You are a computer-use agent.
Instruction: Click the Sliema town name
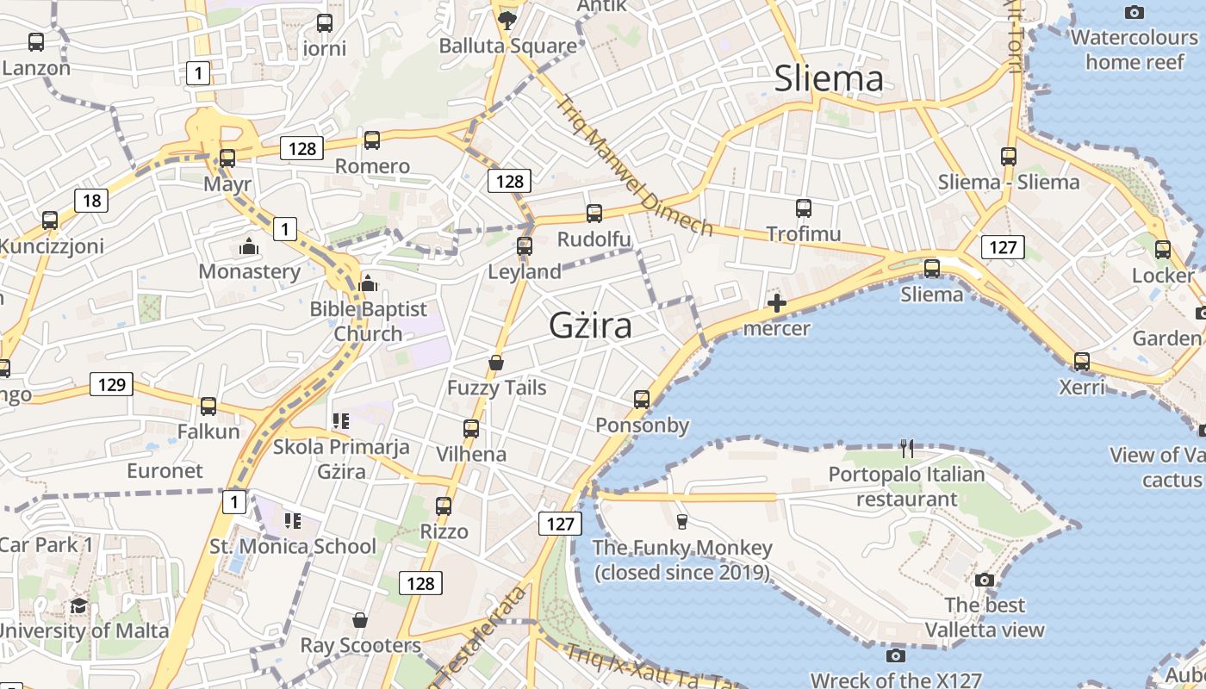(x=829, y=78)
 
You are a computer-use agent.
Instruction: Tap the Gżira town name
(x=591, y=326)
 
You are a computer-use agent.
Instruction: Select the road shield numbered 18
(x=91, y=202)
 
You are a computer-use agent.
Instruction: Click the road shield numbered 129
(x=112, y=384)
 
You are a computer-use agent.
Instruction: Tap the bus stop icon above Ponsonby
(x=642, y=400)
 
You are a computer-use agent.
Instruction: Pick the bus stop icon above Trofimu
(x=804, y=208)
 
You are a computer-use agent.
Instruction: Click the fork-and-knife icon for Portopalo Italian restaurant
(x=906, y=448)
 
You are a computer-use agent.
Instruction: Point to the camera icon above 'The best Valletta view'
(x=985, y=580)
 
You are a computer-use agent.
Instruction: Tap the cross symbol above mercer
(x=777, y=303)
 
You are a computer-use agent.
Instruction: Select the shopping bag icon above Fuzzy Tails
(x=496, y=363)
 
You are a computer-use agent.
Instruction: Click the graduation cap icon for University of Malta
(x=79, y=605)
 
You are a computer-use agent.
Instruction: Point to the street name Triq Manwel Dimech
(x=634, y=165)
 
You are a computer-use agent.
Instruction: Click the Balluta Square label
(x=508, y=46)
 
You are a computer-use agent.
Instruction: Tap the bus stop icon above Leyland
(x=525, y=246)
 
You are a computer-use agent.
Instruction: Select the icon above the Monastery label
(x=250, y=247)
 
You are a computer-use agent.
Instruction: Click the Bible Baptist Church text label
(x=369, y=321)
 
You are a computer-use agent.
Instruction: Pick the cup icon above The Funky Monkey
(x=682, y=521)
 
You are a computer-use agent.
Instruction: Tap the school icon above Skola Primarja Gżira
(x=341, y=421)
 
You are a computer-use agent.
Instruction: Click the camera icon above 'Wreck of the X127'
(x=896, y=656)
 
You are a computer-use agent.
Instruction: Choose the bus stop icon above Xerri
(x=1082, y=362)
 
